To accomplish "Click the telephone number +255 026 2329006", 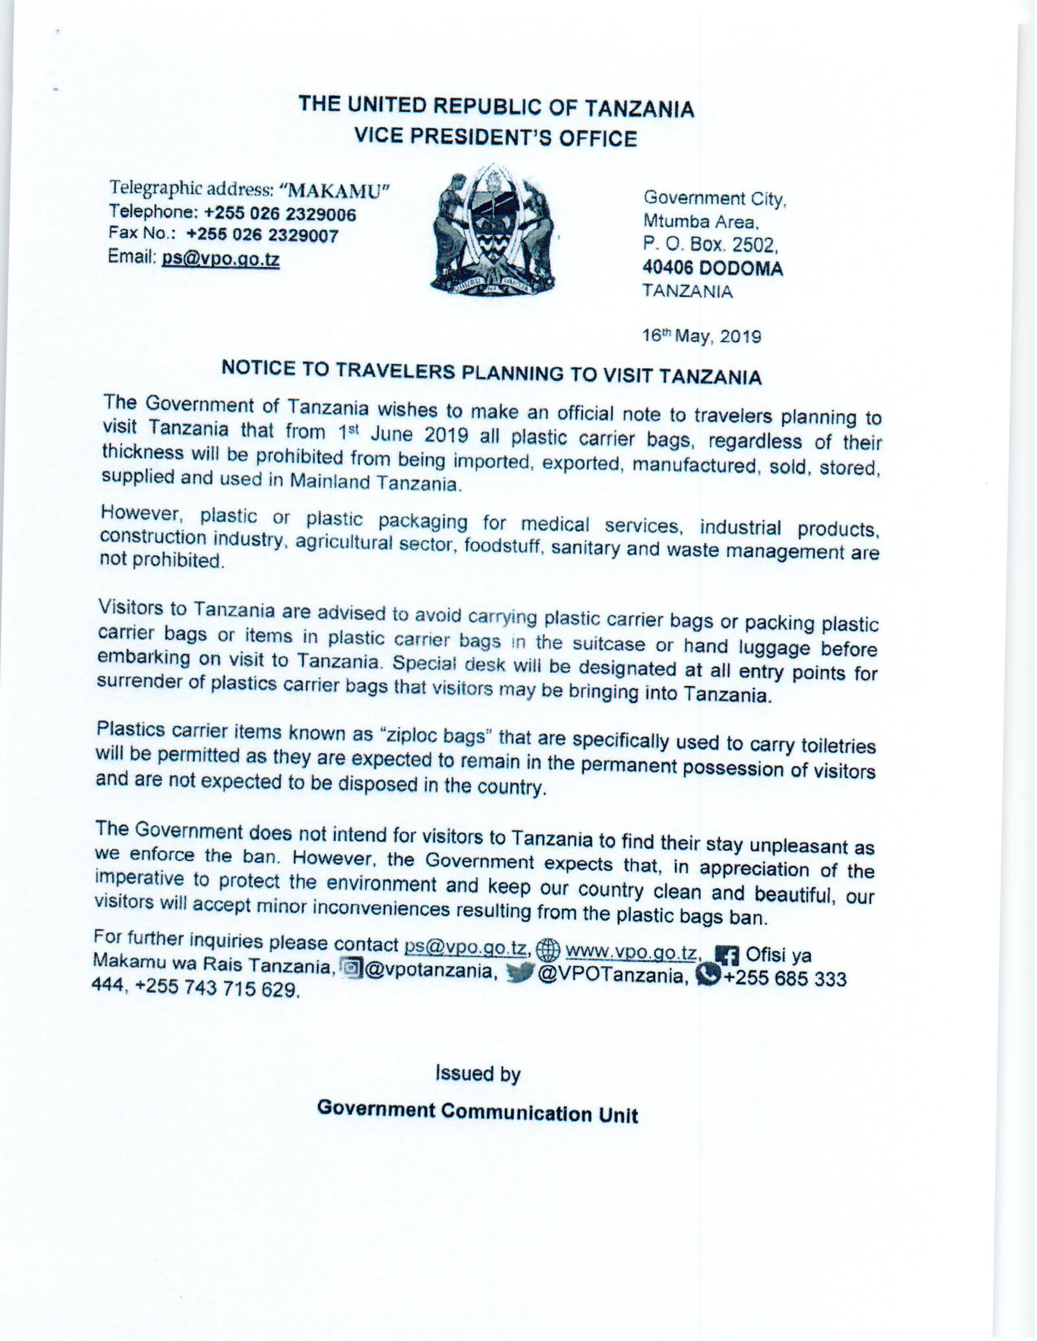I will pos(280,214).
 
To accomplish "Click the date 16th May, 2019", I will pos(701,336).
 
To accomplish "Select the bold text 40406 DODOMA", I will pos(712,268).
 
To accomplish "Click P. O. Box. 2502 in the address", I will pos(710,245).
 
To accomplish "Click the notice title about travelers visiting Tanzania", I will pos(492,372).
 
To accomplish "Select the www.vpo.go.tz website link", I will pos(631,953).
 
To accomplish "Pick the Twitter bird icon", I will pos(520,973).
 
